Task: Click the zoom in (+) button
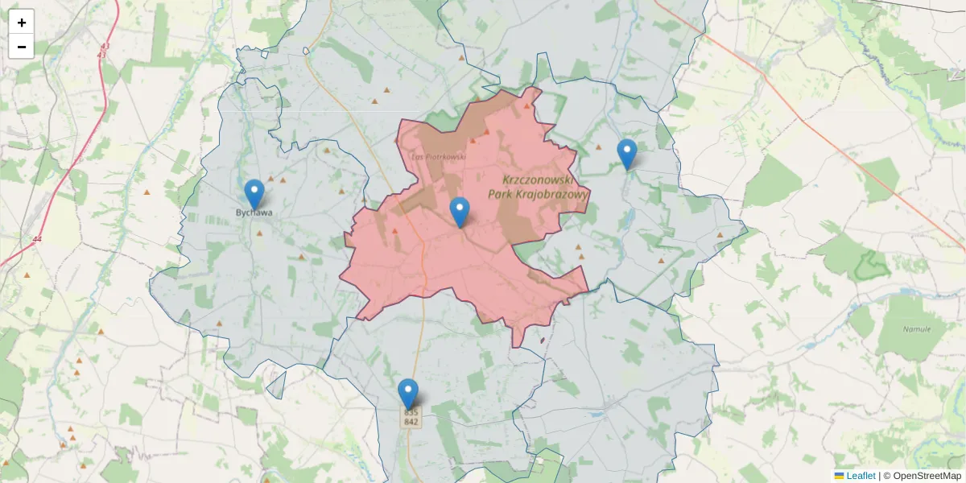point(22,23)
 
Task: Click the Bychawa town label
point(254,213)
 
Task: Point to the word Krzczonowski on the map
point(537,180)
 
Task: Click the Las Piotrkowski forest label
point(439,156)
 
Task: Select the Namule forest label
point(916,329)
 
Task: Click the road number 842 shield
point(411,422)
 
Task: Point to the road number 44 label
point(37,239)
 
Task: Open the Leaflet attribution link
point(861,476)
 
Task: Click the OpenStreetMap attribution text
point(927,476)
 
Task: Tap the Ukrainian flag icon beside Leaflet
point(840,476)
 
